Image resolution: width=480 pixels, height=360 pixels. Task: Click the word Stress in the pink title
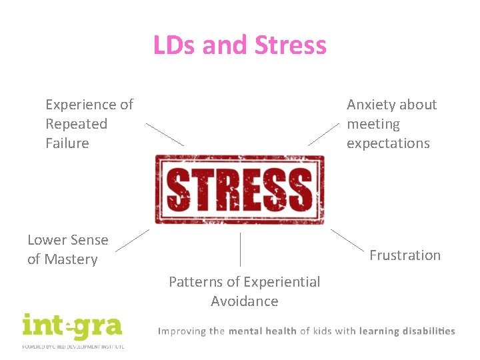(x=291, y=45)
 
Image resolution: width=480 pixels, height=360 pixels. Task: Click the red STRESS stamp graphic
(x=239, y=189)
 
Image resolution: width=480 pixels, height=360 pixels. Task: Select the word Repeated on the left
(x=76, y=124)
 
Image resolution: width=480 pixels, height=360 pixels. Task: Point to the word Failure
(x=67, y=143)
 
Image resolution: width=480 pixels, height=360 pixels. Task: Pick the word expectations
(x=388, y=143)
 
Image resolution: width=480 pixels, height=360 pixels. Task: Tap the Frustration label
(x=405, y=255)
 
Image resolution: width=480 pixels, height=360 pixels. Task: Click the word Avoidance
(x=244, y=301)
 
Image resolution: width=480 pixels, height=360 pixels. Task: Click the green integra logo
(x=71, y=328)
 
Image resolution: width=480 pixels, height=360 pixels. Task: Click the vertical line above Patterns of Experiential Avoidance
(x=240, y=250)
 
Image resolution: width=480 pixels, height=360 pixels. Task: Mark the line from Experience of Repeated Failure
(x=165, y=134)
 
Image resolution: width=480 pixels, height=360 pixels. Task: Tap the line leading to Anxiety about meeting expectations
(x=323, y=134)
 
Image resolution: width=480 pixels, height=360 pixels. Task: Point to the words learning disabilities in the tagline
(x=407, y=331)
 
